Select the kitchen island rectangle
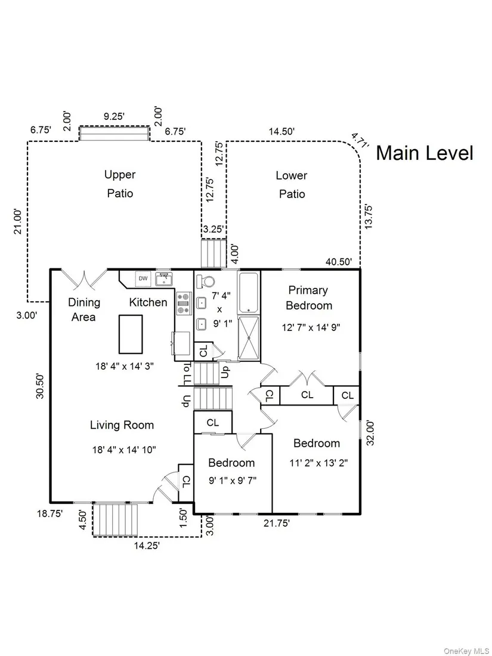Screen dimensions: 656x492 coord(131,334)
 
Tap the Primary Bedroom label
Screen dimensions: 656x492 coord(308,298)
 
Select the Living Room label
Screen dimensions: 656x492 coord(122,425)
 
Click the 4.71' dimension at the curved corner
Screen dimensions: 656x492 coord(360,141)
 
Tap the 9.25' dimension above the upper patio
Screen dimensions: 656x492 coord(114,117)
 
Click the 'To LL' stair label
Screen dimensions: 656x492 coord(187,374)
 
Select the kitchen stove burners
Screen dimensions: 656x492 coord(182,303)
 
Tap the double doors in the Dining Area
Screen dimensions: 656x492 coord(85,279)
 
